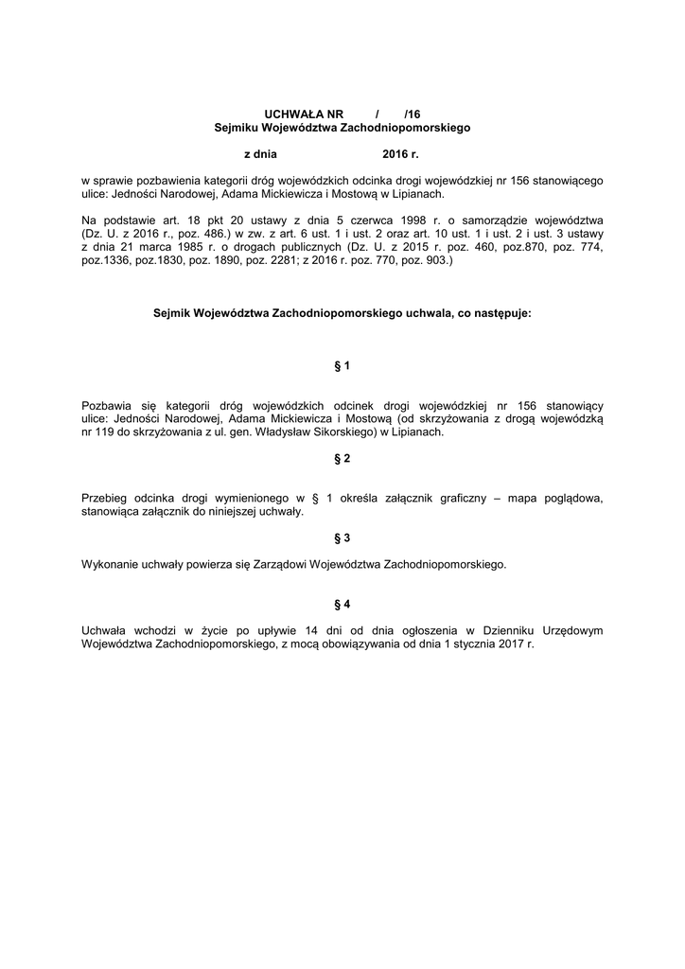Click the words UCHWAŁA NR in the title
(296, 113)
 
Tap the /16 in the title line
(412, 113)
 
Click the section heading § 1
(342, 364)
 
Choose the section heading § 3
(342, 537)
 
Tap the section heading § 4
(342, 604)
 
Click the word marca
(144, 246)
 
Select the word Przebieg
(104, 498)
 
